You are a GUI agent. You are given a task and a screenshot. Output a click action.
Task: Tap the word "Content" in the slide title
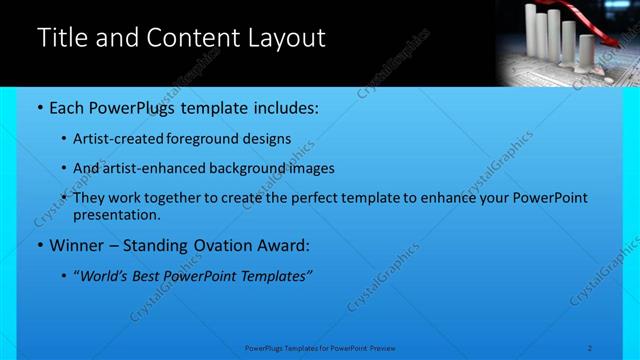coord(191,39)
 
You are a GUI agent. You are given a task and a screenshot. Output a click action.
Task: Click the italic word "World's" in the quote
coord(107,276)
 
